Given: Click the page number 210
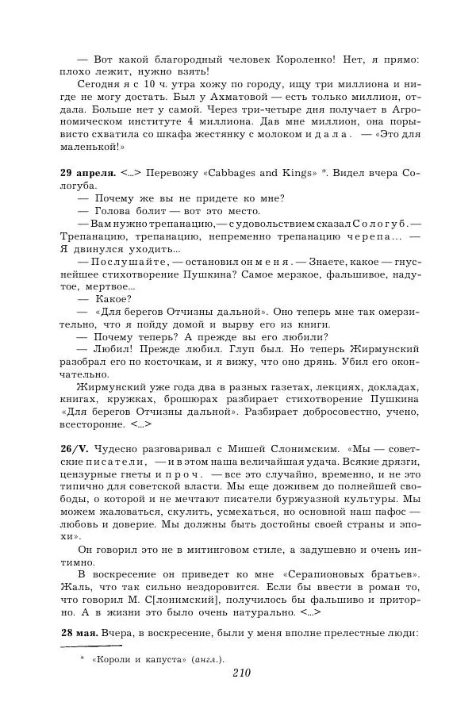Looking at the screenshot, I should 242,673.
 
